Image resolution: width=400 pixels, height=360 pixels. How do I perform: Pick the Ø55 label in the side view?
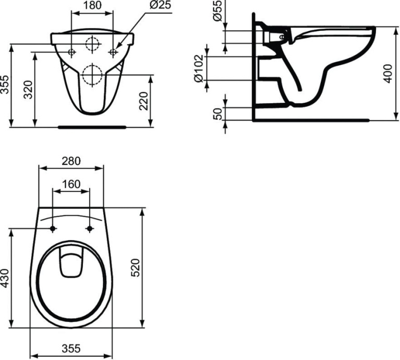pyautogui.click(x=219, y=10)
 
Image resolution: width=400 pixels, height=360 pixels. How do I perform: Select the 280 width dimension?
pyautogui.click(x=71, y=161)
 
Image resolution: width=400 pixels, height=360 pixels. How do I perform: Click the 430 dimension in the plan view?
pyautogui.click(x=5, y=279)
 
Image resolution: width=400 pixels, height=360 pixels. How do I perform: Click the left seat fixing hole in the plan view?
pyautogui.click(x=53, y=229)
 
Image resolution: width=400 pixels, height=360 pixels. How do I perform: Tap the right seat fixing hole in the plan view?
pyautogui.click(x=90, y=229)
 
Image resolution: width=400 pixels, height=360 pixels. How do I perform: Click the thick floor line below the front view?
pyautogui.click(x=92, y=126)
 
